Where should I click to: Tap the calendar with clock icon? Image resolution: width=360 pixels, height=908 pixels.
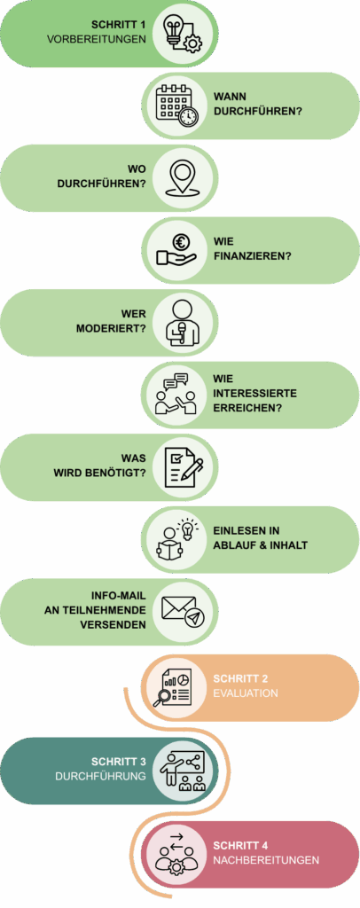(176, 106)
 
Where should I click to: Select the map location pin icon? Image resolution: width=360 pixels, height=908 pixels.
(184, 177)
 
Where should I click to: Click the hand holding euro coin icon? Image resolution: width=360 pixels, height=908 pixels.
(176, 249)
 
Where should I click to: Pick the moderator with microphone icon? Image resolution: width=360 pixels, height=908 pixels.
(184, 322)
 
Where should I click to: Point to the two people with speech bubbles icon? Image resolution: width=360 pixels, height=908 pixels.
(176, 395)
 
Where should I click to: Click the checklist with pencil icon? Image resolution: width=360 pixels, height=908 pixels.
(184, 467)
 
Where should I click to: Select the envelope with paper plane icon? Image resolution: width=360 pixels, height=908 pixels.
(184, 611)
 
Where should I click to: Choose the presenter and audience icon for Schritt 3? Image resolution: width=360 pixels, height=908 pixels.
(184, 769)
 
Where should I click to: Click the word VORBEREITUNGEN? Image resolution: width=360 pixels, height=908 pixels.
(98, 39)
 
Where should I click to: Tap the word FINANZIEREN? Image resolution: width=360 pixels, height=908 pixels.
(252, 256)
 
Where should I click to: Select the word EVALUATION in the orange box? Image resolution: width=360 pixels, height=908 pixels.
(246, 693)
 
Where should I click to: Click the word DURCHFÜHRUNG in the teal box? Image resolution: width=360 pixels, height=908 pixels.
(100, 776)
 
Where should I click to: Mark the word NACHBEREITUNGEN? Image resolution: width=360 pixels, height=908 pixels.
(266, 860)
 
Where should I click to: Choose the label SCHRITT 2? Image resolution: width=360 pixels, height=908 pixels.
(241, 678)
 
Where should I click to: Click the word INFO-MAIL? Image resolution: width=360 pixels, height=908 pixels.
(119, 596)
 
